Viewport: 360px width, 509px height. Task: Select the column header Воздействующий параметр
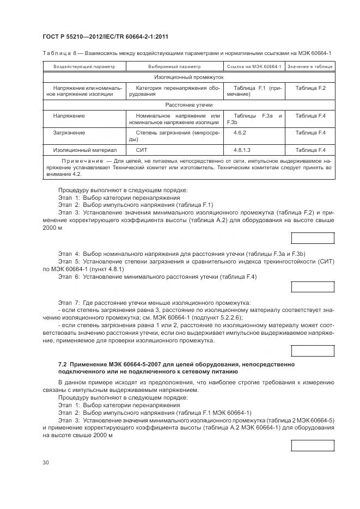[84, 66]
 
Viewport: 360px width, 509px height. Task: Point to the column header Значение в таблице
[310, 66]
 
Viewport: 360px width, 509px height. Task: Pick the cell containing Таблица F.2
[310, 88]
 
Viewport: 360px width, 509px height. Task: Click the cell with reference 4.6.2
[240, 132]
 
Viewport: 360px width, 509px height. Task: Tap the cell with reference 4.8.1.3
[242, 150]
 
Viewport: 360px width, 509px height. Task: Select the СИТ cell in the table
[142, 150]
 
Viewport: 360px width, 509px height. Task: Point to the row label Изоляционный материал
[77, 150]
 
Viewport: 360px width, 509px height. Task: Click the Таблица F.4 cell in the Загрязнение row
[310, 132]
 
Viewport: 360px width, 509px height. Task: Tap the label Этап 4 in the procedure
[69, 254]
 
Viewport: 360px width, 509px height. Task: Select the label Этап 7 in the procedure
[69, 302]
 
